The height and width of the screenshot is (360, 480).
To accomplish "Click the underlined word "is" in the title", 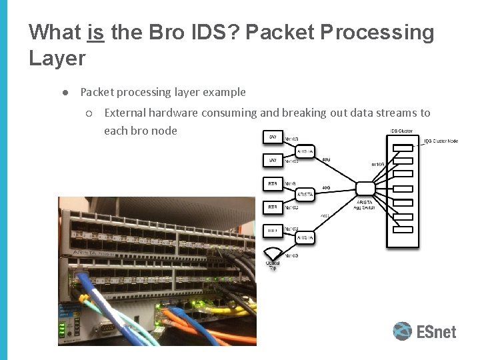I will tap(95, 32).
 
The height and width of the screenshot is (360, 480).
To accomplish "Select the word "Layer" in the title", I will tap(57, 58).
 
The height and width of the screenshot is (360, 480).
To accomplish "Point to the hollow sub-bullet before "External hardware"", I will tap(89, 113).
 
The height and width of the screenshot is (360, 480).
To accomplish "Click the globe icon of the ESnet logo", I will tap(403, 331).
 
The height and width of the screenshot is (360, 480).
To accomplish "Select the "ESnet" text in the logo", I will tap(437, 331).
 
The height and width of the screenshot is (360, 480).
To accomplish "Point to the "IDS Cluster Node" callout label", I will tap(441, 141).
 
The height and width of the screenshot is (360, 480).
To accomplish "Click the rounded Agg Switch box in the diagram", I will tap(365, 189).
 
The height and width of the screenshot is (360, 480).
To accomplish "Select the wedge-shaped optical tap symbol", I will tap(273, 253).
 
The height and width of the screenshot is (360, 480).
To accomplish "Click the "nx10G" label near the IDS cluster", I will tap(378, 164).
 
